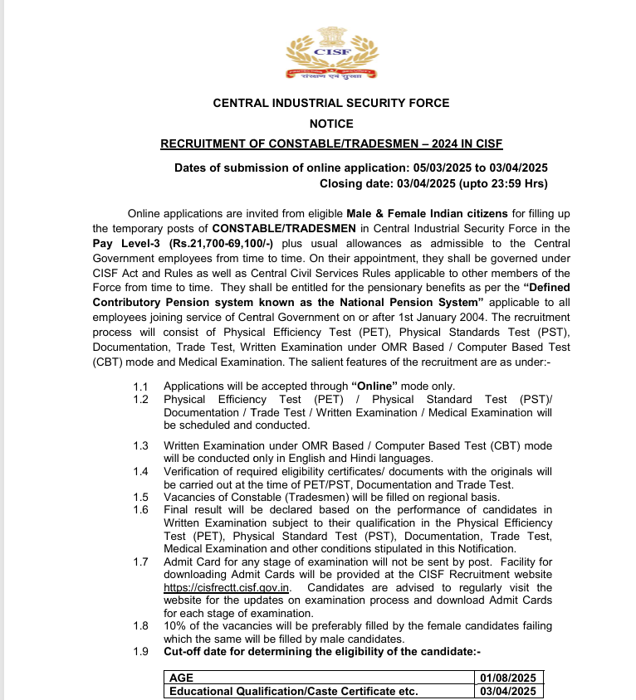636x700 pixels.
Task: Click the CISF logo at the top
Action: pyautogui.click(x=330, y=55)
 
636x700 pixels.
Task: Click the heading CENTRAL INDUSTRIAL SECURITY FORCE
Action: pyautogui.click(x=331, y=104)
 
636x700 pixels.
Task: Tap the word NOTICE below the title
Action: pyautogui.click(x=331, y=124)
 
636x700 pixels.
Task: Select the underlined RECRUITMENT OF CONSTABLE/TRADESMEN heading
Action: pyautogui.click(x=331, y=143)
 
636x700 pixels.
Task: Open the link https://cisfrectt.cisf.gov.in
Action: pyautogui.click(x=227, y=588)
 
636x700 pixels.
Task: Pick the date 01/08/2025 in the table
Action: pyautogui.click(x=507, y=678)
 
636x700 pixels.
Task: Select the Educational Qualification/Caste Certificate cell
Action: pyautogui.click(x=293, y=691)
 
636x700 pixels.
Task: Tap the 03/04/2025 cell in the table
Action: pyautogui.click(x=507, y=691)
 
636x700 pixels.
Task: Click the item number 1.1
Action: pyautogui.click(x=140, y=386)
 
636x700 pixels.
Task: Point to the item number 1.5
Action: pyautogui.click(x=140, y=497)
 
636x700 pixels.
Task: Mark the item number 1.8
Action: pyautogui.click(x=140, y=626)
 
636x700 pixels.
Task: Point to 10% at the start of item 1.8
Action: pyautogui.click(x=176, y=626)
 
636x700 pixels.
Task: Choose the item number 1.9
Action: pyautogui.click(x=140, y=652)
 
